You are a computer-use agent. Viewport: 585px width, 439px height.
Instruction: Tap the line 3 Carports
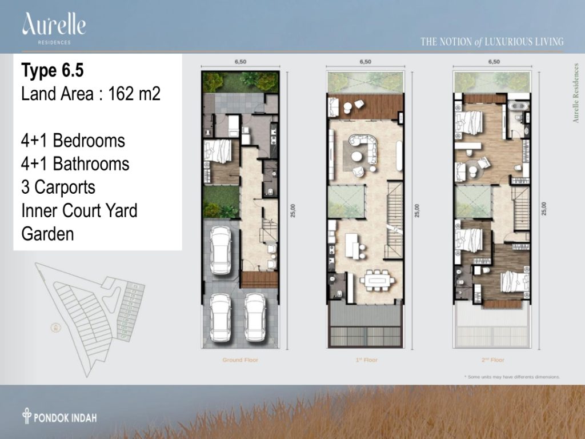tap(58, 187)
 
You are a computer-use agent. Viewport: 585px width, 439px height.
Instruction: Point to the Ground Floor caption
tap(241, 360)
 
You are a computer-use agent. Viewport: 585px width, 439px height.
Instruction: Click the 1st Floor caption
tap(366, 360)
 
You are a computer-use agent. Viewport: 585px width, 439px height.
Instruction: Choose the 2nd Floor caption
tap(492, 360)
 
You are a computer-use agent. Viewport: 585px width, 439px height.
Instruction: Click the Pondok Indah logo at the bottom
tap(59, 416)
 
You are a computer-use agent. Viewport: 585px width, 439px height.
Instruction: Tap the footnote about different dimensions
tap(511, 377)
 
